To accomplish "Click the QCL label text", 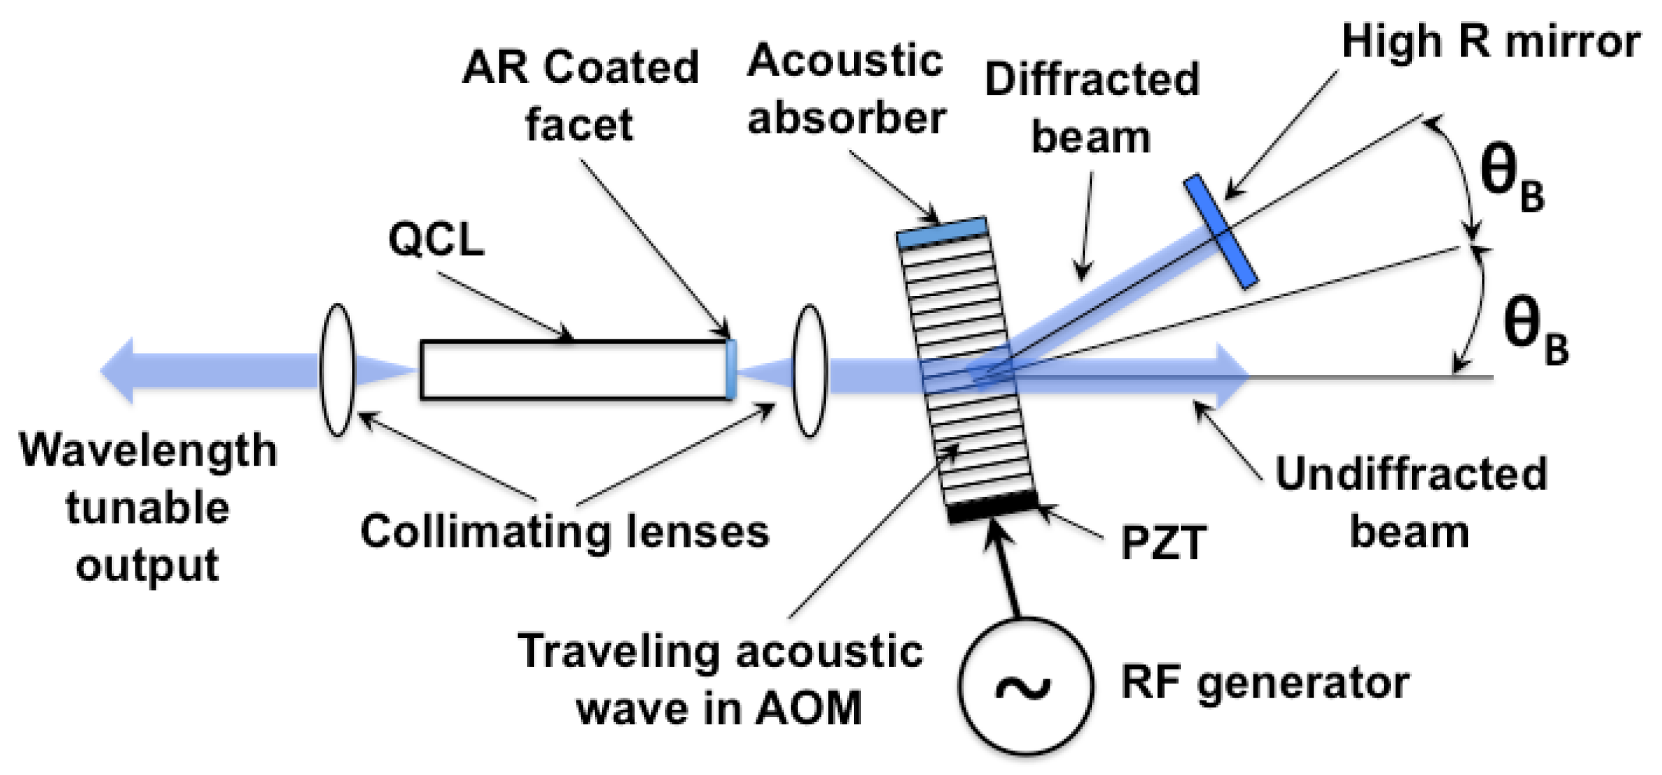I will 436,239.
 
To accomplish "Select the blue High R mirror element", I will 1220,231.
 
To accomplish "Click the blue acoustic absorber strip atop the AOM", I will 941,232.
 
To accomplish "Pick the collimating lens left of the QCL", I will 337,369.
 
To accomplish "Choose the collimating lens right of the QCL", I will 809,370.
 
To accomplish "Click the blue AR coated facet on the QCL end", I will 730,369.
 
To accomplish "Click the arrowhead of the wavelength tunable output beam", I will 117,371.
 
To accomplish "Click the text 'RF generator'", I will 1265,682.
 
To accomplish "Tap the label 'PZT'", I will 1163,542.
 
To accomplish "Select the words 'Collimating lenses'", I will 564,531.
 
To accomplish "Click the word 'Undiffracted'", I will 1411,474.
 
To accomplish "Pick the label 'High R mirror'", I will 1490,42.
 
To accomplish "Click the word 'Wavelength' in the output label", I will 148,450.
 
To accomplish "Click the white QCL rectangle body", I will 573,370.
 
